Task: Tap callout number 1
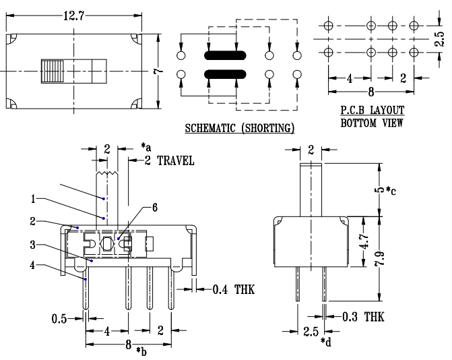click(x=33, y=199)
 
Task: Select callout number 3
click(x=33, y=244)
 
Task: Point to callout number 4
click(x=33, y=265)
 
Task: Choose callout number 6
click(x=155, y=208)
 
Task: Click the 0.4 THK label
click(x=230, y=290)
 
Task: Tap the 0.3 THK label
click(x=362, y=316)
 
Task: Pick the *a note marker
click(x=147, y=146)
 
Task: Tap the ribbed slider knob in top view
click(x=53, y=70)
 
